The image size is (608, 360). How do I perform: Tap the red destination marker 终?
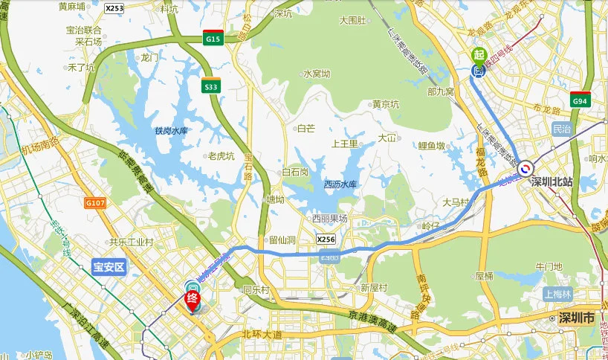click(192, 300)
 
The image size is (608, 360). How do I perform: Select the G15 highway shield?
click(213, 38)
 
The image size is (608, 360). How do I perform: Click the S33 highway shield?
click(212, 86)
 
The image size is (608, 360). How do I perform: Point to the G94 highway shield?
click(580, 100)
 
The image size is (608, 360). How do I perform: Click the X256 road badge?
click(326, 240)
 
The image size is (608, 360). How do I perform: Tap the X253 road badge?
click(114, 8)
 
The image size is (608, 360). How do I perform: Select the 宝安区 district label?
click(109, 266)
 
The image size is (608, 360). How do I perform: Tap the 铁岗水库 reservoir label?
click(170, 131)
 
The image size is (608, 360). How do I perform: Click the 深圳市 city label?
click(578, 318)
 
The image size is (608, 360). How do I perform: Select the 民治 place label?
click(563, 129)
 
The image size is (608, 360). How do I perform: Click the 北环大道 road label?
click(263, 335)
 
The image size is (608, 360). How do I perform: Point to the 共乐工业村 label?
click(131, 242)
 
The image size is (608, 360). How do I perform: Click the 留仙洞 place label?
click(282, 240)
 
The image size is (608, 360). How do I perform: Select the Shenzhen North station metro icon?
click(526, 169)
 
